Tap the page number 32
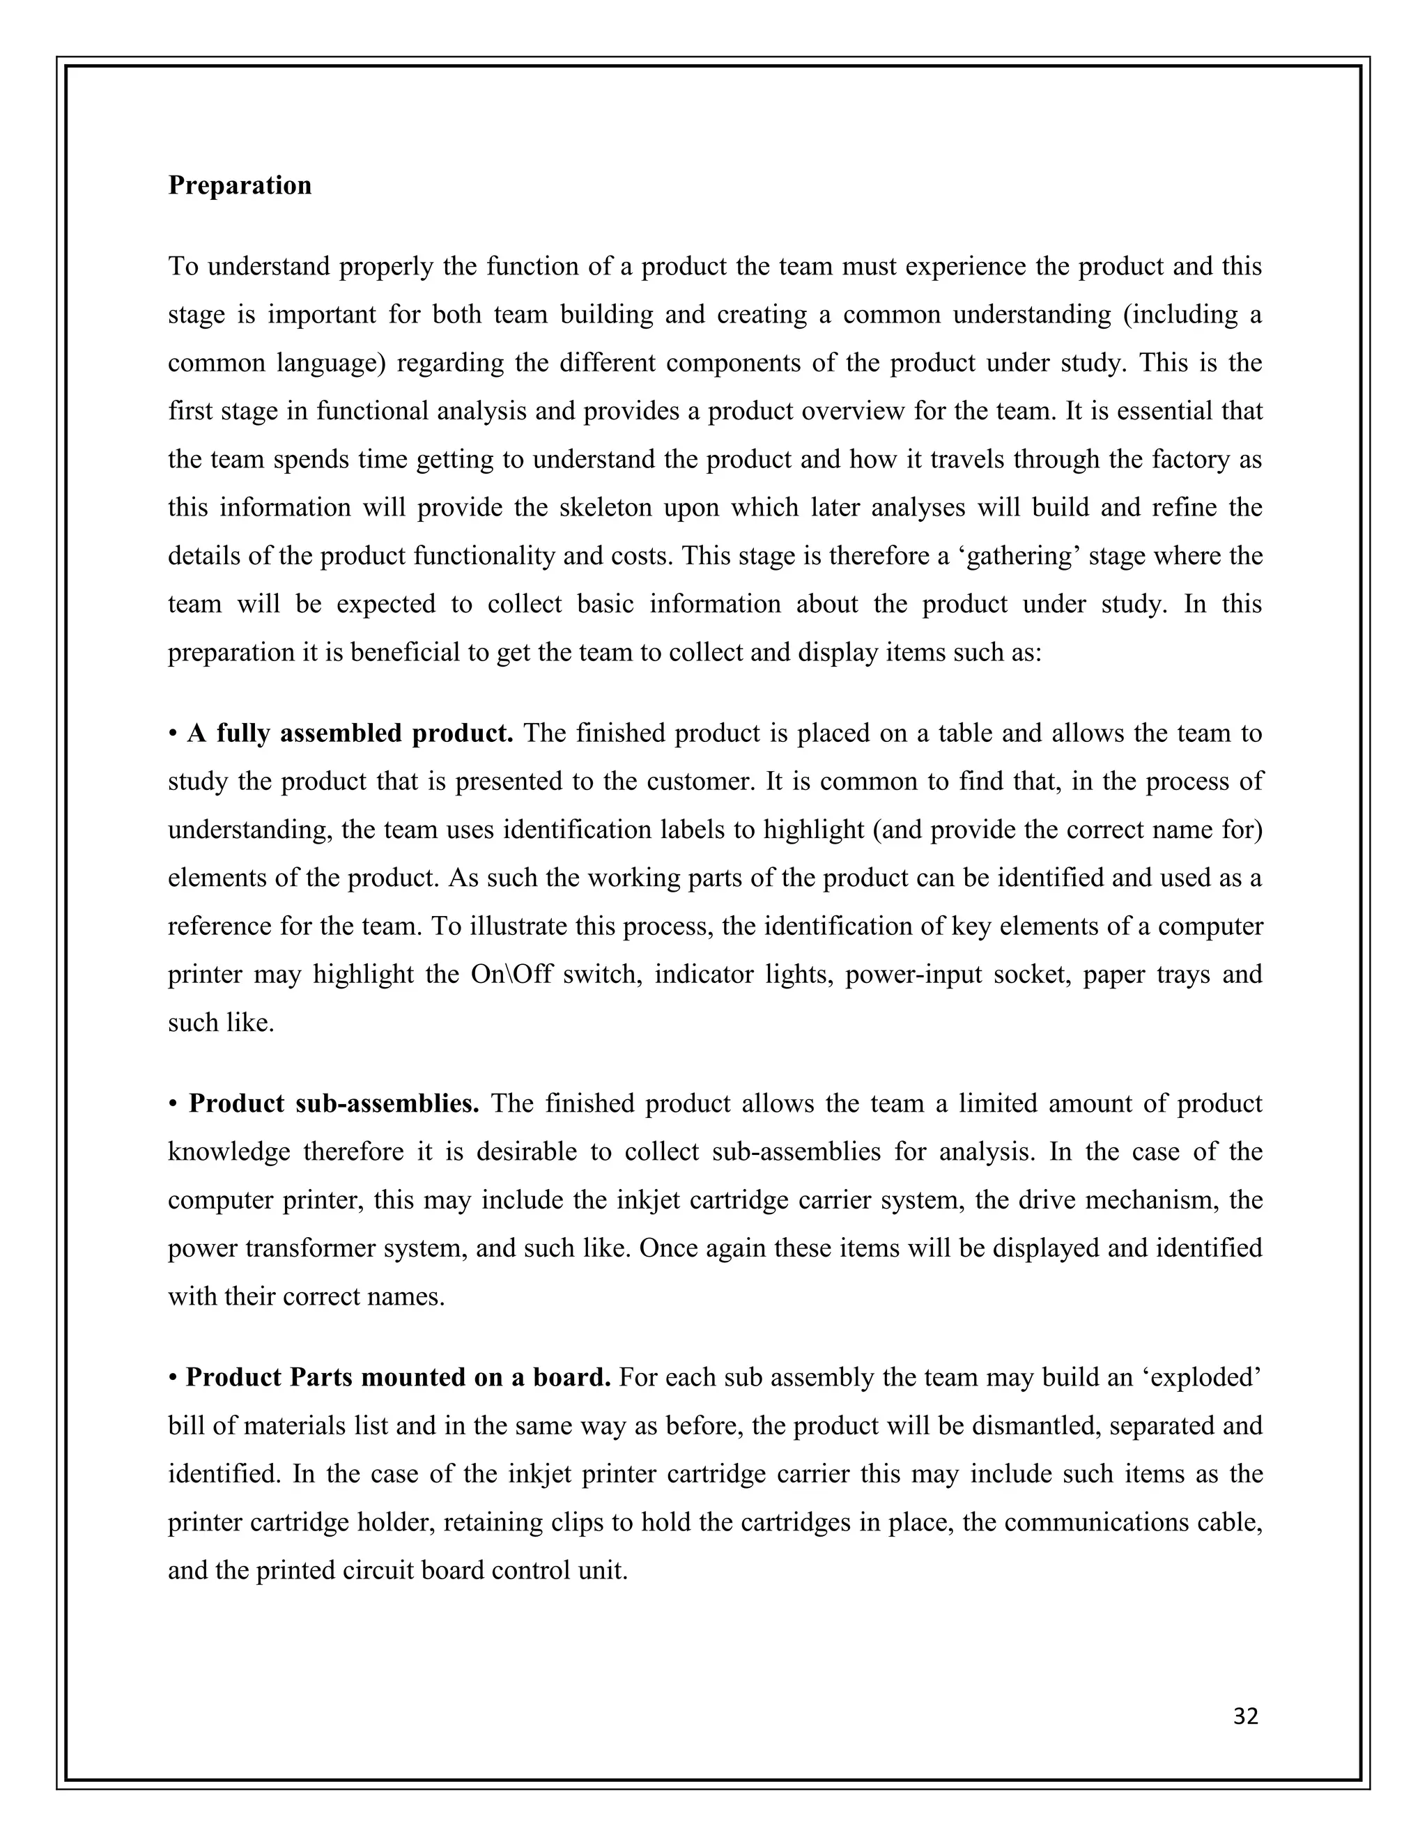tap(1245, 1716)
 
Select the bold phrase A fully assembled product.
tap(350, 733)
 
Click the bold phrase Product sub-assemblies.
tap(334, 1103)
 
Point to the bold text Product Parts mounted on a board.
tap(397, 1378)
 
